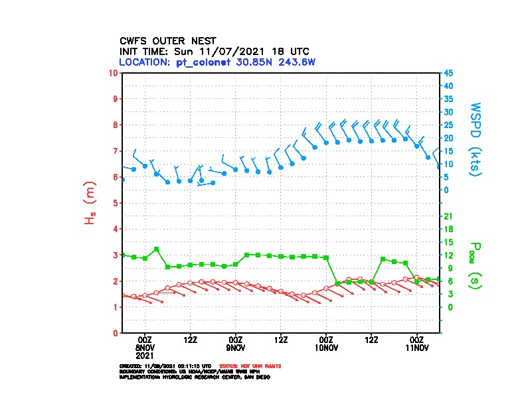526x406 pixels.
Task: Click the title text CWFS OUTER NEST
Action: [x=167, y=40]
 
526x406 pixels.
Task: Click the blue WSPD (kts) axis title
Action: [x=476, y=138]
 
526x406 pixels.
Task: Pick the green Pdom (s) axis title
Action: [x=473, y=269]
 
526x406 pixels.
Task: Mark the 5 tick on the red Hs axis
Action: [x=117, y=202]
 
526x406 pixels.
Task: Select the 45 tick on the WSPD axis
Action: [x=448, y=72]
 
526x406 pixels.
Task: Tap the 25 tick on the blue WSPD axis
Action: [x=448, y=125]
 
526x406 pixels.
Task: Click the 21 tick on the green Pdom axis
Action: [x=448, y=216]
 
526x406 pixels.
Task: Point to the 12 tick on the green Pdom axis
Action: [x=448, y=255]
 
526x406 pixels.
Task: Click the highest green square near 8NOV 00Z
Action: [x=156, y=249]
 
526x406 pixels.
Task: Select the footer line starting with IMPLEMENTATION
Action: [x=194, y=377]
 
